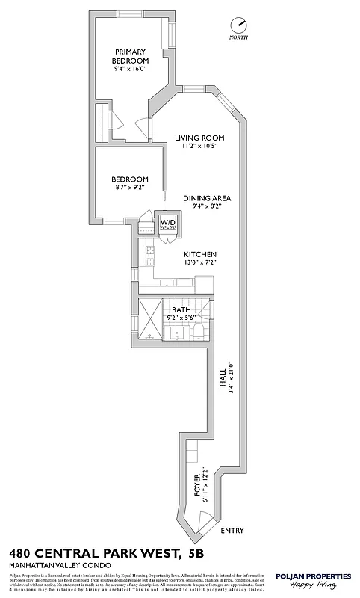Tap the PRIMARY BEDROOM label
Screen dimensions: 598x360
[130, 56]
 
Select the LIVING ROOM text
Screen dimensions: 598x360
[199, 138]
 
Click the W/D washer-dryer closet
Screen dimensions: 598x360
[168, 224]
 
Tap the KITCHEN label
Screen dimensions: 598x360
[201, 254]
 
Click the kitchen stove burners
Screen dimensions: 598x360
[149, 256]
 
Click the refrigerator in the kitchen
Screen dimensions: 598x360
[205, 284]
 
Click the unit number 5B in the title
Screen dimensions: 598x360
[196, 553]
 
